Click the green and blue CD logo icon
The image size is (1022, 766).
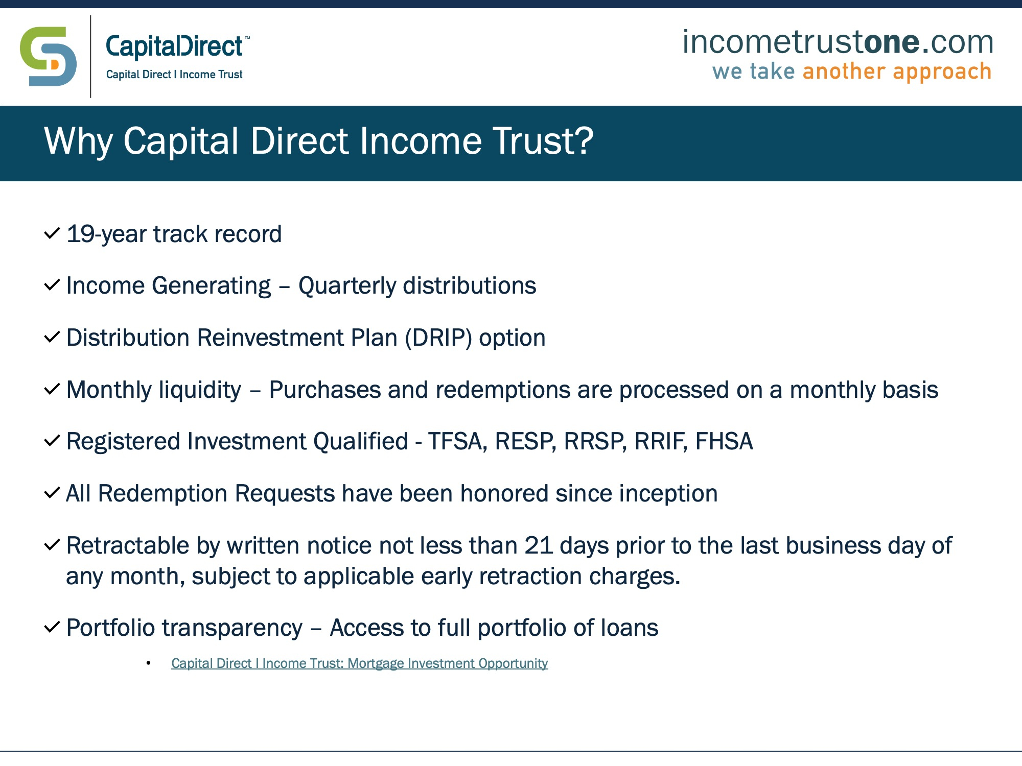tap(48, 56)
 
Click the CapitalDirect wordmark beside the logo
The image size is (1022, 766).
tap(174, 47)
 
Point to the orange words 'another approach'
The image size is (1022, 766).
tap(897, 71)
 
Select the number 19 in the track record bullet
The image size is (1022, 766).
tap(81, 234)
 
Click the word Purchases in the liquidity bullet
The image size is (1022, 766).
tap(325, 390)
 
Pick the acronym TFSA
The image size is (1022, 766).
tap(455, 442)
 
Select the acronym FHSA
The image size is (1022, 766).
tap(724, 442)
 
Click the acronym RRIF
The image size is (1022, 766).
tap(660, 442)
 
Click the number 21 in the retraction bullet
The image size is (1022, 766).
tap(539, 546)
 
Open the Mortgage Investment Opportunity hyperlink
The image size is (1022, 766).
tap(359, 663)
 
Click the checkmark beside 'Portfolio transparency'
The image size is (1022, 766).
tap(53, 627)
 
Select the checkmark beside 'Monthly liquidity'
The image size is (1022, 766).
tap(53, 389)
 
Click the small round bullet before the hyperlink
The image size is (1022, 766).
tap(149, 663)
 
